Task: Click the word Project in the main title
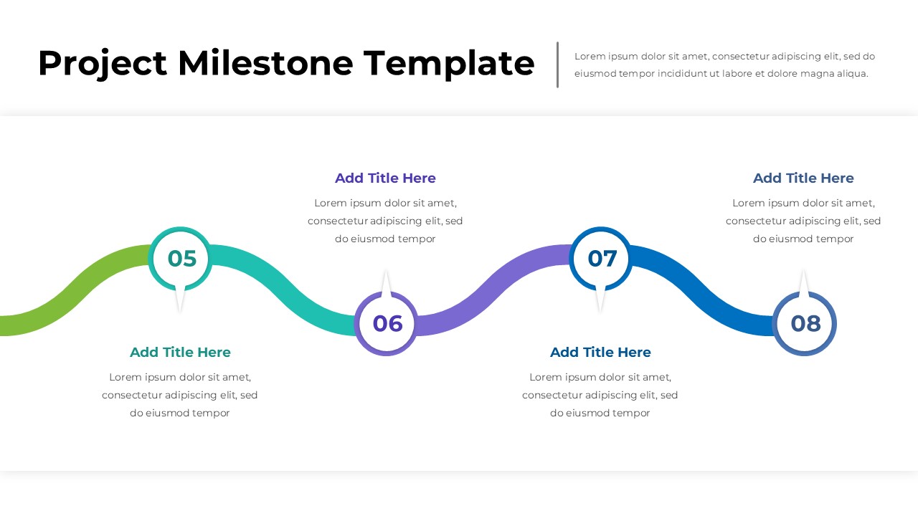click(x=103, y=64)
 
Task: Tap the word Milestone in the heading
click(x=265, y=63)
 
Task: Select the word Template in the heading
click(x=449, y=64)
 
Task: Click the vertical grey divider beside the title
click(x=557, y=64)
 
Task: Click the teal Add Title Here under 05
click(x=180, y=352)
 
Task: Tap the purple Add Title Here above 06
click(x=385, y=178)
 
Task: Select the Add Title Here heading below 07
click(x=600, y=352)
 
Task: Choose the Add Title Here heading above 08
click(x=803, y=178)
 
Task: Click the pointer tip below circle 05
click(x=180, y=312)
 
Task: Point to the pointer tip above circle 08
click(x=804, y=269)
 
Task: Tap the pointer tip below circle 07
click(x=600, y=312)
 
